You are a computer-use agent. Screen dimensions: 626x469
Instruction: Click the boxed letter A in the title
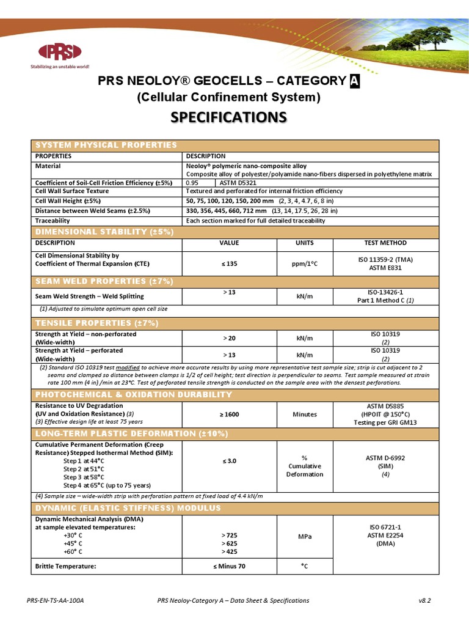tap(354, 81)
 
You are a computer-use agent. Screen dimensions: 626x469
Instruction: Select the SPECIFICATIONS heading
tap(234, 117)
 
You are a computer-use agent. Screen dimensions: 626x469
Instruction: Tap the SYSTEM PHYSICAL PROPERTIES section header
tap(106, 145)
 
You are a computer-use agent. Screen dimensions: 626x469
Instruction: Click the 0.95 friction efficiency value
tap(192, 182)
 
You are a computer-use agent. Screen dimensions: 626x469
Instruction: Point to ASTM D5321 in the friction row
tap(240, 182)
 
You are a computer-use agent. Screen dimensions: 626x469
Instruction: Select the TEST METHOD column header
tap(385, 243)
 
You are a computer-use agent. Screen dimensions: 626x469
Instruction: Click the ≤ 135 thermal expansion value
tap(230, 263)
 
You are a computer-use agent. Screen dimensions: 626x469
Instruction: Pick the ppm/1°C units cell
tap(304, 263)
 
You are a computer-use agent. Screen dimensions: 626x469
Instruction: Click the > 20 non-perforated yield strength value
tap(230, 337)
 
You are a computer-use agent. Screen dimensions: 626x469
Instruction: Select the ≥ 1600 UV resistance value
tap(230, 414)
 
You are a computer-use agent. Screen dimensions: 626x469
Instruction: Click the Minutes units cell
tap(304, 414)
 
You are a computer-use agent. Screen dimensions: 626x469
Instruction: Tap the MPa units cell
tap(304, 536)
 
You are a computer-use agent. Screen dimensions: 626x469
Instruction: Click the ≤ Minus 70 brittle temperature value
tap(230, 566)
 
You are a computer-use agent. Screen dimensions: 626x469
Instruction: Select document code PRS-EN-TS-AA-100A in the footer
tap(56, 601)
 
